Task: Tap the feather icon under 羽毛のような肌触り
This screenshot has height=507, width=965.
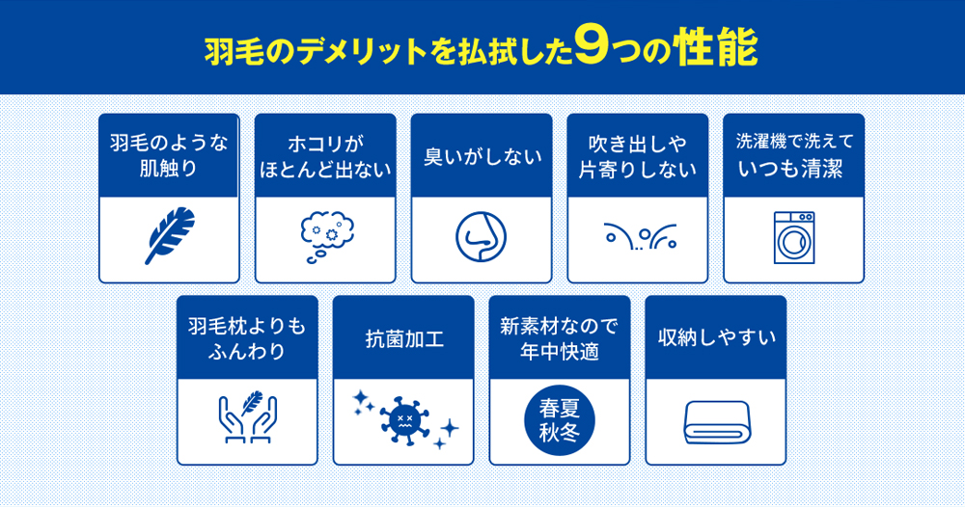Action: coord(169,235)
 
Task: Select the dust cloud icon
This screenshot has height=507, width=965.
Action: coord(327,236)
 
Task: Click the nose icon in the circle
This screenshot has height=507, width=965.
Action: coord(482,236)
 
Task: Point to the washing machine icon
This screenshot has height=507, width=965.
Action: coord(794,238)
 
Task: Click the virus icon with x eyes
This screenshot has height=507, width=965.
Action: coord(404,420)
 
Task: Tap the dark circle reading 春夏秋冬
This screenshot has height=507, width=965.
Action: coord(560,421)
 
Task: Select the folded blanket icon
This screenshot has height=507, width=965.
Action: coord(716,422)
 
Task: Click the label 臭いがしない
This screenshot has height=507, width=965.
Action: coord(482,157)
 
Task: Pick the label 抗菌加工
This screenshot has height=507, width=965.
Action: coord(404,338)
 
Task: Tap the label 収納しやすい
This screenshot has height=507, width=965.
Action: coord(717,337)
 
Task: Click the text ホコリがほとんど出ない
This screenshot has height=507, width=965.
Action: coord(325,157)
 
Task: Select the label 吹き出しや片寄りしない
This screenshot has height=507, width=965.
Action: coord(638,157)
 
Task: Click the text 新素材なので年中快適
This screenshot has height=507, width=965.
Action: coord(560,338)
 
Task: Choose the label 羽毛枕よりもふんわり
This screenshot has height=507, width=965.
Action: coord(247,338)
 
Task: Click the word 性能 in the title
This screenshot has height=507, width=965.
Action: coord(715,47)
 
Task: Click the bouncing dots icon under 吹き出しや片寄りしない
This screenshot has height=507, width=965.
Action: coord(640,235)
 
